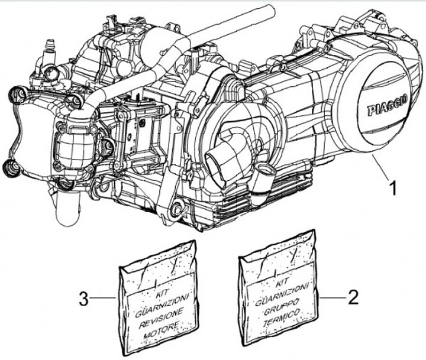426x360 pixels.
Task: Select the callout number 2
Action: [x=353, y=296]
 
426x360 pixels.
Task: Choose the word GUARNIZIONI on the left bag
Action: [x=158, y=303]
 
